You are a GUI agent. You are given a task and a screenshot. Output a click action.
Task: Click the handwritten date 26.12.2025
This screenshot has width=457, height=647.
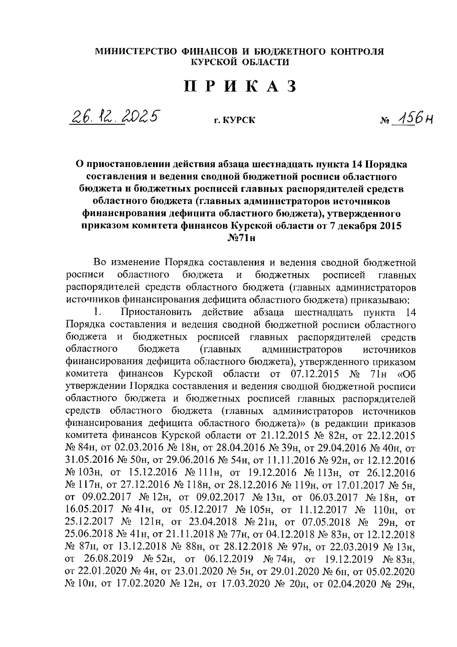tap(113, 116)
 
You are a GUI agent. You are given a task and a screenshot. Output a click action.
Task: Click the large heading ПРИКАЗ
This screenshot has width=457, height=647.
tap(240, 87)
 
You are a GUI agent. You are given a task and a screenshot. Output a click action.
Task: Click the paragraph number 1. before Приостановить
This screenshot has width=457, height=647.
tap(97, 312)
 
